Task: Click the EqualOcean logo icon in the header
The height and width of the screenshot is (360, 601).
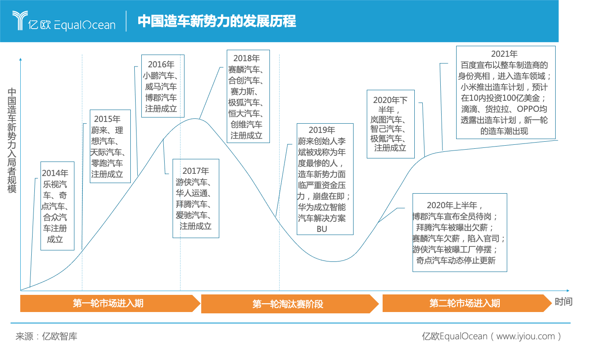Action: click(20, 20)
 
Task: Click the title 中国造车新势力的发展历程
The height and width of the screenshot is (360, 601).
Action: click(216, 21)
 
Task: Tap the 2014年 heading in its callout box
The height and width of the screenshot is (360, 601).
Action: click(55, 173)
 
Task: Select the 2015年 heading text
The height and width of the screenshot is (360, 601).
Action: click(107, 119)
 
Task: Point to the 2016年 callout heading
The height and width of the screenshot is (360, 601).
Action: click(161, 65)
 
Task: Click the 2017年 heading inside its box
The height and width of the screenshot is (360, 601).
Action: click(195, 171)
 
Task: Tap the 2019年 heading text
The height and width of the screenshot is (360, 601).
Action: click(321, 130)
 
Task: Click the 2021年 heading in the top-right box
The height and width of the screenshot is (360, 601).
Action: click(504, 54)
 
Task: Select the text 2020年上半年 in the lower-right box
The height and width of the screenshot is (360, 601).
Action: click(454, 206)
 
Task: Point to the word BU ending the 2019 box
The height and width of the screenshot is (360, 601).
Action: click(321, 229)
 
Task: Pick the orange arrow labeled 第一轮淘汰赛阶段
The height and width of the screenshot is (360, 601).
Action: click(288, 304)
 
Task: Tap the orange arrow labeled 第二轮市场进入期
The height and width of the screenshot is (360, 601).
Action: click(465, 303)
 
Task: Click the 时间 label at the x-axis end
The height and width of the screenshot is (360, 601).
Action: click(564, 302)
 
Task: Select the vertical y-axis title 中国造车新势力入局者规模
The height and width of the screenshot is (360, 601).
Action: click(12, 141)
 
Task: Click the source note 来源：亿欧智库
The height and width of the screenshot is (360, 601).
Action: click(46, 337)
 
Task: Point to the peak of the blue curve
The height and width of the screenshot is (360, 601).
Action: click(194, 119)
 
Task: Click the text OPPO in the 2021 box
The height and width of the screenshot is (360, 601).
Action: click(527, 109)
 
